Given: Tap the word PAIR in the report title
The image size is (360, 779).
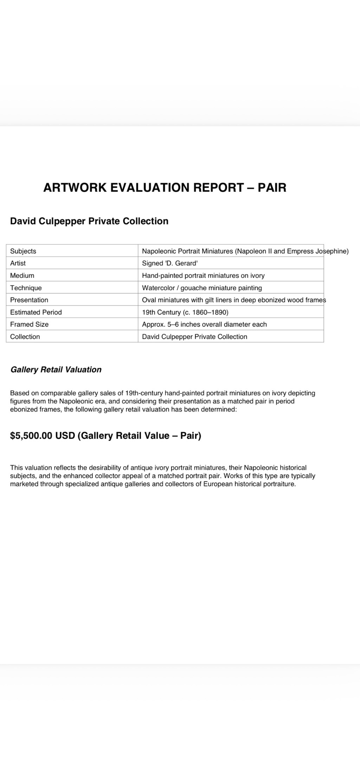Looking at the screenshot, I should click(x=272, y=187).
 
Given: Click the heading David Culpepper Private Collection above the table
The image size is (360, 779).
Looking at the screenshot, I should click(x=89, y=221).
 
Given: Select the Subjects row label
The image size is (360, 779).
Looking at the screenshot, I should click(x=23, y=251).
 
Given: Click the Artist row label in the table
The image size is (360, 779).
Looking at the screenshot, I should click(x=18, y=263).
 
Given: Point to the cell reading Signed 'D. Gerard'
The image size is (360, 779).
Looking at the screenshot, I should click(x=170, y=263).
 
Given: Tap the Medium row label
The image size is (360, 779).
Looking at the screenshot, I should click(x=22, y=275).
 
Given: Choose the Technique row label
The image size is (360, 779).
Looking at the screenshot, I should click(x=26, y=288).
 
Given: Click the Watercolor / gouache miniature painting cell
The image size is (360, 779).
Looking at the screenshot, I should click(x=202, y=288).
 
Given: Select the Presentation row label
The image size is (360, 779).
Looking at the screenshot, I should click(x=29, y=300).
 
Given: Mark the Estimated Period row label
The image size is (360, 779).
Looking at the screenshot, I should click(x=36, y=312).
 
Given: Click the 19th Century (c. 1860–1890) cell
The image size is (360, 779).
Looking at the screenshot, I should click(x=185, y=312).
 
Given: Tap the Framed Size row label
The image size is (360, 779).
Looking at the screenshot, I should click(x=30, y=324).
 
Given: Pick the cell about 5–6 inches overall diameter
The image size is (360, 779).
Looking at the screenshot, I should click(x=204, y=324).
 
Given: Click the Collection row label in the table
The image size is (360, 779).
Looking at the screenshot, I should click(x=25, y=337).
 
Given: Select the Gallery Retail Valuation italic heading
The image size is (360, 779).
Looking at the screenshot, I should click(x=56, y=370).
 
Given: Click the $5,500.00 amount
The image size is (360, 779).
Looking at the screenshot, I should click(x=31, y=436).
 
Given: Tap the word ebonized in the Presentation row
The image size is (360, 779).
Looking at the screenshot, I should click(x=256, y=300).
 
